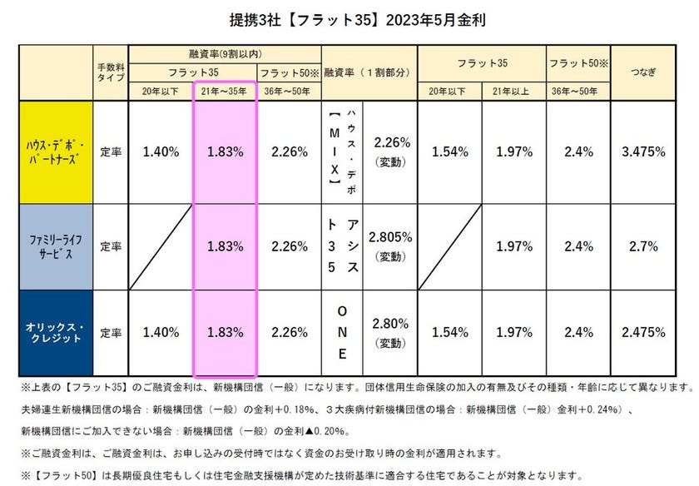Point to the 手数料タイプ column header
coord(111,72)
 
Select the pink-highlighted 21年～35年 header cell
coord(226,91)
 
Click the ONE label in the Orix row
coord(341,331)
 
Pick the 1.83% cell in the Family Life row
coord(226,246)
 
